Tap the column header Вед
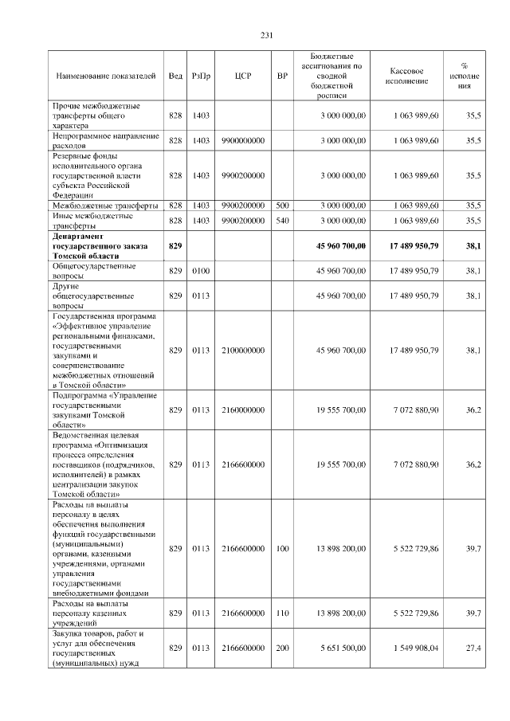tap(175, 76)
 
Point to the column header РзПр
tap(201, 76)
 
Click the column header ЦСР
tap(243, 76)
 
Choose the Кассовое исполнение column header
tap(411, 76)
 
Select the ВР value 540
tap(282, 220)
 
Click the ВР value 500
tap(282, 205)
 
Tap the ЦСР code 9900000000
tap(243, 140)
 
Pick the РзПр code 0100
tap(201, 272)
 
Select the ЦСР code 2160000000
tap(243, 409)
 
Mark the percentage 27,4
tap(473, 649)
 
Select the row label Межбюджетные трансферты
tap(104, 205)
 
